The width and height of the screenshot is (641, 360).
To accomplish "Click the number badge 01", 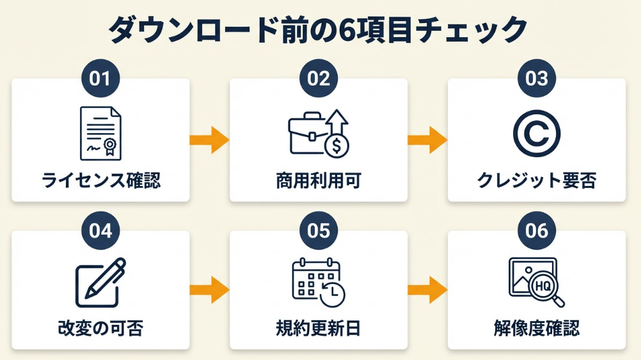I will point(100,79).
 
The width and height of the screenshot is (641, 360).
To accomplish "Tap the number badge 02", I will point(319,79).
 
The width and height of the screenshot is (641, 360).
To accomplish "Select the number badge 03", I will point(537,79).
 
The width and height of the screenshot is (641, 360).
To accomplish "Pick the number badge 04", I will point(100,231).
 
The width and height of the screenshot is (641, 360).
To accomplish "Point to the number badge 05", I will point(319,231).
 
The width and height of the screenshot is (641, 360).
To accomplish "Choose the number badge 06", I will point(537,231).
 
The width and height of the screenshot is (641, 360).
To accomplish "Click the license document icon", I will point(100,133).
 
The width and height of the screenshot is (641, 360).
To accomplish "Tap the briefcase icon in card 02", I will point(308,134).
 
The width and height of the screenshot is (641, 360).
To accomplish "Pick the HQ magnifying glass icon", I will point(536,282).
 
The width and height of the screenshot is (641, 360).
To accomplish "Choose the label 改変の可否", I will point(100,329).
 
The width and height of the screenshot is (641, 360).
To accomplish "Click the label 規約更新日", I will point(319,329).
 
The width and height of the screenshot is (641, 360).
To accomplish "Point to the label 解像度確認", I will point(537,329).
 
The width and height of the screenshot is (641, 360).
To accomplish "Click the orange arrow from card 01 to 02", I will point(210,139).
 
